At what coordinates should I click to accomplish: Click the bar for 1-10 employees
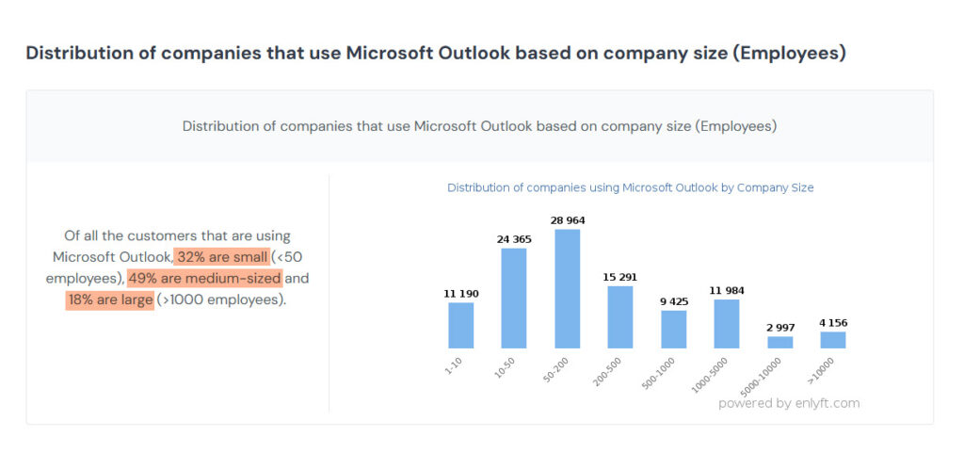pyautogui.click(x=461, y=325)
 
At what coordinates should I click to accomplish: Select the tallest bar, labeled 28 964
pyautogui.click(x=568, y=289)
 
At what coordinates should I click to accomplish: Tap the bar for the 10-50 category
pyautogui.click(x=514, y=299)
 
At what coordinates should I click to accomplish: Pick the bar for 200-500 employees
pyautogui.click(x=620, y=317)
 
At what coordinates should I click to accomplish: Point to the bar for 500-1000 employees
pyautogui.click(x=674, y=330)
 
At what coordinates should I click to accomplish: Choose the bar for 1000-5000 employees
pyautogui.click(x=727, y=324)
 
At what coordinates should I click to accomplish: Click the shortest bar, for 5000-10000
pyautogui.click(x=780, y=343)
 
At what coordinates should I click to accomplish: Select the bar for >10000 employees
pyautogui.click(x=833, y=340)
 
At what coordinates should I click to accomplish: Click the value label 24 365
pyautogui.click(x=514, y=239)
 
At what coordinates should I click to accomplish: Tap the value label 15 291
pyautogui.click(x=620, y=277)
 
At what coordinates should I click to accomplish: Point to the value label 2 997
pyautogui.click(x=780, y=327)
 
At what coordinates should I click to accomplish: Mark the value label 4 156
pyautogui.click(x=834, y=323)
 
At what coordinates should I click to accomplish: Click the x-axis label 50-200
pyautogui.click(x=556, y=371)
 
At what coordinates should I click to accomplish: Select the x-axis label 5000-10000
pyautogui.click(x=761, y=376)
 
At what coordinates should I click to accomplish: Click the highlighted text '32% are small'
pyautogui.click(x=222, y=257)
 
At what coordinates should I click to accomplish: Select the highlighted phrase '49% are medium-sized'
pyautogui.click(x=204, y=279)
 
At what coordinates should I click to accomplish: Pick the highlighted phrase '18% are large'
pyautogui.click(x=110, y=300)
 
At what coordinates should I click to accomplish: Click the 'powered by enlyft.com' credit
pyautogui.click(x=789, y=403)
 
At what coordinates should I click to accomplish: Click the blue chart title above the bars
pyautogui.click(x=630, y=187)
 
